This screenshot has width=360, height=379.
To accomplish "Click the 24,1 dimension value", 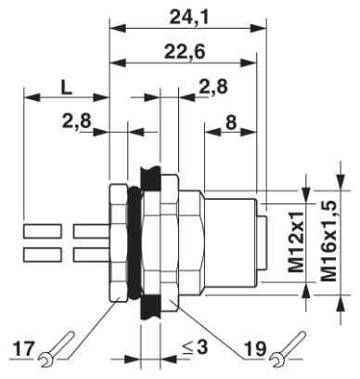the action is pyautogui.click(x=189, y=18).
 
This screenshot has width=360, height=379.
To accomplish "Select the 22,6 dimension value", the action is pyautogui.click(x=185, y=52).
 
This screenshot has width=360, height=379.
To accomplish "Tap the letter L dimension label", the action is pyautogui.click(x=66, y=87).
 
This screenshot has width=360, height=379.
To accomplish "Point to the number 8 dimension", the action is pyautogui.click(x=230, y=123).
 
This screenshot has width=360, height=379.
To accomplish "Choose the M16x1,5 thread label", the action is pyautogui.click(x=328, y=241).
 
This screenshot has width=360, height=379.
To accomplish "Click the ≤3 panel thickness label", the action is pyautogui.click(x=195, y=347).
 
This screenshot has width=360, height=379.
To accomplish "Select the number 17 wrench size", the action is pyautogui.click(x=23, y=349).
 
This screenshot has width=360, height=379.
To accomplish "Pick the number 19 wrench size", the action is pyautogui.click(x=254, y=349).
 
